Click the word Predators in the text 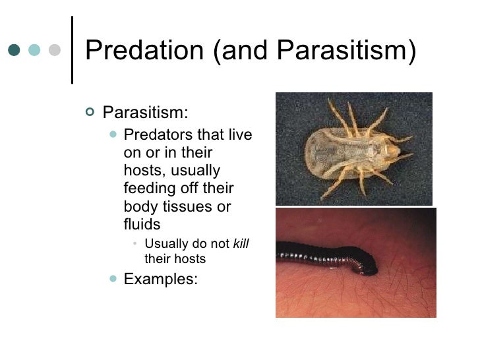click(x=156, y=135)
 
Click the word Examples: click(x=160, y=278)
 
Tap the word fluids click(x=142, y=224)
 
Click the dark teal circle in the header click(x=15, y=51)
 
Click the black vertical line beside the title click(x=71, y=49)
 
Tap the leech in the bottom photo click(x=323, y=254)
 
